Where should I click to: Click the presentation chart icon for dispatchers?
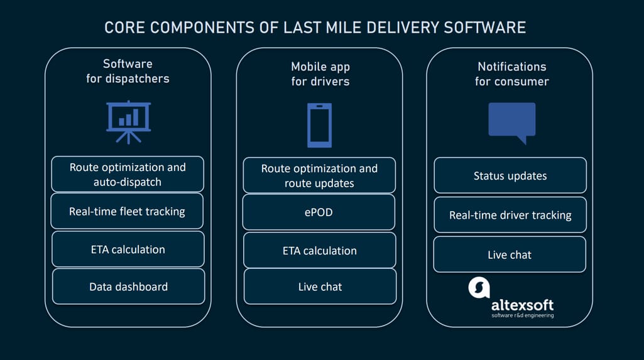click(x=129, y=122)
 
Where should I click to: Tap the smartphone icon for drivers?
click(x=320, y=125)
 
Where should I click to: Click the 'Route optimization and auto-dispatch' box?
click(x=128, y=174)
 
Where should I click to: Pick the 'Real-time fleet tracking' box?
click(x=127, y=211)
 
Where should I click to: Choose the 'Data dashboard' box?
click(x=129, y=286)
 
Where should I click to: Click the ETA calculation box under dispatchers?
click(x=128, y=249)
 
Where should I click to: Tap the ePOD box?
click(x=319, y=212)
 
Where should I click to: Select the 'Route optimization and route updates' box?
click(x=319, y=175)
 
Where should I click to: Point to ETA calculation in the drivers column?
click(x=320, y=251)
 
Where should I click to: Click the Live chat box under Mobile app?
click(x=320, y=286)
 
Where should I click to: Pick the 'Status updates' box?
click(x=510, y=175)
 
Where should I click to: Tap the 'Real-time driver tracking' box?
click(x=510, y=215)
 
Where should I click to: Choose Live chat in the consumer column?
click(x=510, y=254)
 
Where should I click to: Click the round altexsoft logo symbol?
click(x=479, y=287)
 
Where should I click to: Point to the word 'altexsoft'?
click(x=523, y=305)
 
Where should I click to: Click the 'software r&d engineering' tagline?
click(x=523, y=315)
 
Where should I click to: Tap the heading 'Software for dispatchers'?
click(x=128, y=71)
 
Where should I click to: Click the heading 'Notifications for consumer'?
click(x=512, y=74)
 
